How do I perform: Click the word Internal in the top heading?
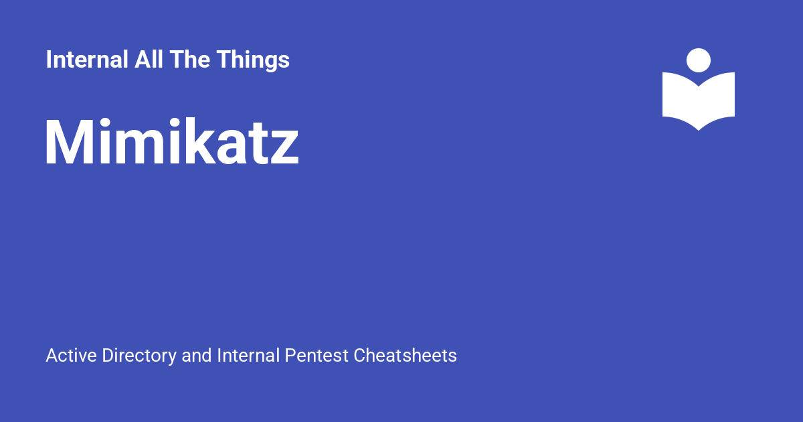[87, 59]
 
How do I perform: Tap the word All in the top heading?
[149, 59]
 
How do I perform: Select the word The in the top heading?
[189, 59]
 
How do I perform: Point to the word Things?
[253, 61]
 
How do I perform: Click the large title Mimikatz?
[172, 141]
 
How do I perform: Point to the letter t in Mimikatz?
[259, 143]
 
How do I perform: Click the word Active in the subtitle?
[72, 356]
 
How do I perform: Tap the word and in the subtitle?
[197, 356]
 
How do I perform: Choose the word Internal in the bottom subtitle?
[248, 356]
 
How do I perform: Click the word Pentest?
[317, 356]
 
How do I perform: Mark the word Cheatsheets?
[405, 356]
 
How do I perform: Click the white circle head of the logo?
[699, 60]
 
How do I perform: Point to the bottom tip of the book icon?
[699, 131]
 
